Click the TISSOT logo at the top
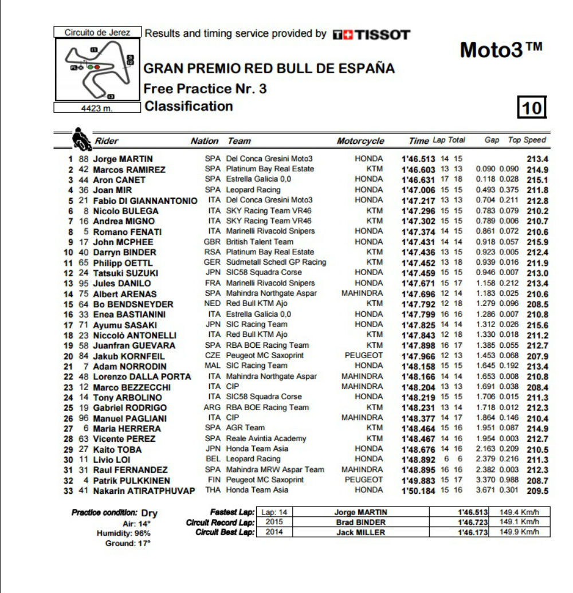coord(371,34)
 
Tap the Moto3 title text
coord(500,50)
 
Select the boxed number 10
coord(532,108)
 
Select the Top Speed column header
coord(527,140)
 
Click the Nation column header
coord(204,141)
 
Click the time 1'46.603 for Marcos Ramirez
coord(418,169)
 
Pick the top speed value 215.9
coord(537,242)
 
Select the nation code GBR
coord(212,242)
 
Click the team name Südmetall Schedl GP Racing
coord(276,262)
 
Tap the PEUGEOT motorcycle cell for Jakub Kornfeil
coord(363,355)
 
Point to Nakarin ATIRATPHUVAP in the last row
coord(144,491)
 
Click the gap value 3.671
coord(486,491)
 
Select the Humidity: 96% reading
coord(123,533)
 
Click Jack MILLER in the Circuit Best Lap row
coord(360,532)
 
